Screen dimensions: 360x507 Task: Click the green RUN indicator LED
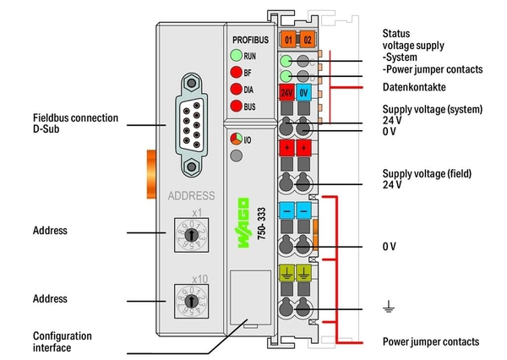pyautogui.click(x=232, y=56)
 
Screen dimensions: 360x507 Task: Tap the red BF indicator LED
pyautogui.click(x=232, y=72)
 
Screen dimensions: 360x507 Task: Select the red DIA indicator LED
pyautogui.click(x=232, y=88)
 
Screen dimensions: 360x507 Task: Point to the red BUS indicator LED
pyautogui.click(x=232, y=105)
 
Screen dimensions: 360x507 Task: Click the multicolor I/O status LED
pyautogui.click(x=234, y=139)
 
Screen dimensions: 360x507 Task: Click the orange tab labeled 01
pyautogui.click(x=287, y=40)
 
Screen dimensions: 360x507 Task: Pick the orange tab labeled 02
pyautogui.click(x=305, y=40)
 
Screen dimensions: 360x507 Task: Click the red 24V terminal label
pyautogui.click(x=287, y=91)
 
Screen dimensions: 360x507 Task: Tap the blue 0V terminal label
pyautogui.click(x=305, y=91)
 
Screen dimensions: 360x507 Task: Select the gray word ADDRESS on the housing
pyautogui.click(x=191, y=194)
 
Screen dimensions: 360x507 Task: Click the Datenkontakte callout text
pyautogui.click(x=414, y=87)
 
